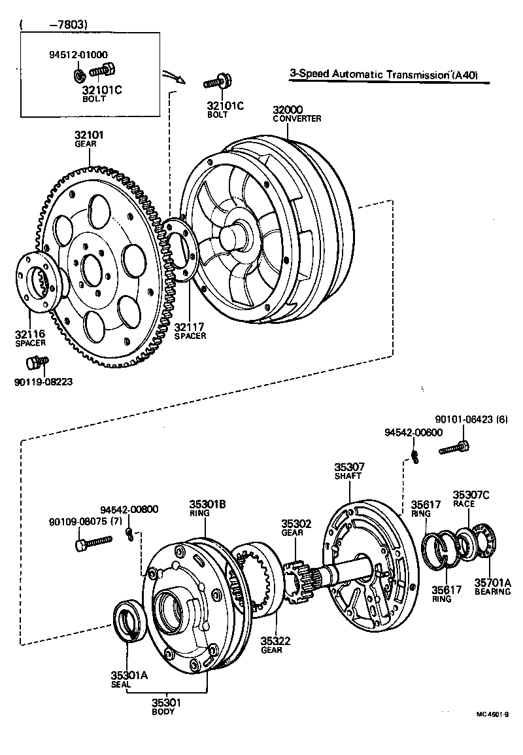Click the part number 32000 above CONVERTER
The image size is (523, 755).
[288, 109]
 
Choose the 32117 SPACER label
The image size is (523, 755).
[190, 330]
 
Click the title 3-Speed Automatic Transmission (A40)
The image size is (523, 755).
[384, 75]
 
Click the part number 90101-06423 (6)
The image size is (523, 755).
[471, 420]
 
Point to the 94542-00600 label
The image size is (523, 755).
[413, 433]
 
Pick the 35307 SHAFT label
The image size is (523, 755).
[349, 471]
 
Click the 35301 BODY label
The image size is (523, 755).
[163, 707]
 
